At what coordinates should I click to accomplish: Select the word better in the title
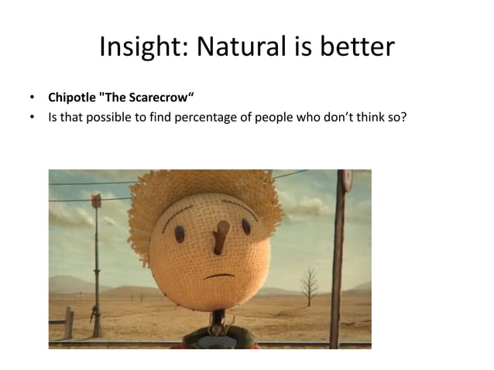tap(357, 48)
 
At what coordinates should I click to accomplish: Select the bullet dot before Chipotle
tap(32, 98)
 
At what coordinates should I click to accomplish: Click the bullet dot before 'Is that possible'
tap(32, 118)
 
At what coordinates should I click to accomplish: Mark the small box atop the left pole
tap(96, 201)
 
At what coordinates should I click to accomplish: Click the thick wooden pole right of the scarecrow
tap(338, 263)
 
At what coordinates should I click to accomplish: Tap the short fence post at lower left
tap(69, 322)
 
